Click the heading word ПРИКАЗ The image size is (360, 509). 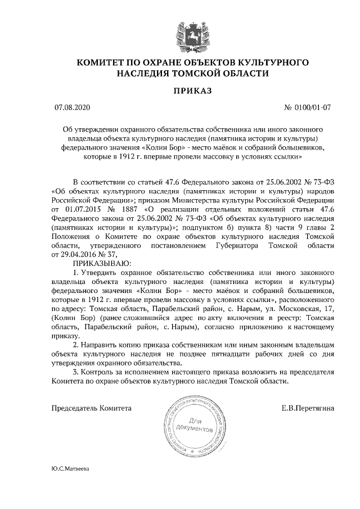coord(179,90)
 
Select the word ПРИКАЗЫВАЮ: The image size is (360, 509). coord(102,263)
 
